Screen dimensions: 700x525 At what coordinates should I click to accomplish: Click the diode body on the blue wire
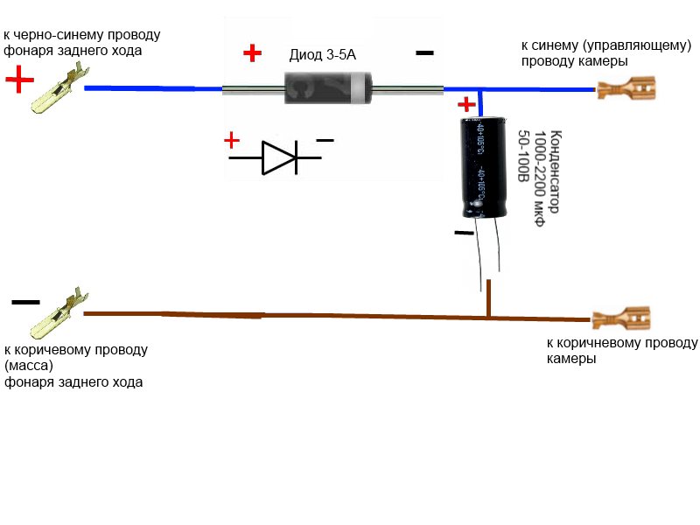tap(328, 88)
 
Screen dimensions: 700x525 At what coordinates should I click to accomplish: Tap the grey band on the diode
tap(358, 88)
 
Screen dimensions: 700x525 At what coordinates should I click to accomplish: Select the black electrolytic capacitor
tap(484, 167)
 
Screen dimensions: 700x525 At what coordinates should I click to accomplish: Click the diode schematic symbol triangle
tap(278, 157)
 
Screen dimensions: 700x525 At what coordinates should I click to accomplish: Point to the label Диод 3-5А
tap(322, 55)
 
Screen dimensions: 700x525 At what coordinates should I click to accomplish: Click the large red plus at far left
tap(19, 80)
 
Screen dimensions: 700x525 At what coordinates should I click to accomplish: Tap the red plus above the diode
tap(252, 52)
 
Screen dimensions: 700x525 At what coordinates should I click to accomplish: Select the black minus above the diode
tap(424, 52)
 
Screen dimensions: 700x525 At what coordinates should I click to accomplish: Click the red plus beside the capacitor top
tap(466, 104)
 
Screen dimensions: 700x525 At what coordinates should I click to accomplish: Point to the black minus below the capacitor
tap(465, 233)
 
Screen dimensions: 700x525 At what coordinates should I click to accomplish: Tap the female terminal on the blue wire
tap(626, 88)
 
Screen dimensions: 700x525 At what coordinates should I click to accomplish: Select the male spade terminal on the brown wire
tap(59, 313)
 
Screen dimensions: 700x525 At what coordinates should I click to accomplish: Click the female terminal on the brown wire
tap(621, 318)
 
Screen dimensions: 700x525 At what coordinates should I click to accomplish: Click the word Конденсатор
tap(555, 171)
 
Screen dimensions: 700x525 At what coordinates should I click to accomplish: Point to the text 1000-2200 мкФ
tap(539, 178)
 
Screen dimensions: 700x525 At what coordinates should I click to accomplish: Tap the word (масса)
tap(29, 366)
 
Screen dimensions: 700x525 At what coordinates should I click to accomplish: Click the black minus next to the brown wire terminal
tap(25, 302)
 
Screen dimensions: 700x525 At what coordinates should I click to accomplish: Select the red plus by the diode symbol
tap(232, 140)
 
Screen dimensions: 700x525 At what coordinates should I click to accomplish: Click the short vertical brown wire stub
tap(489, 298)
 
